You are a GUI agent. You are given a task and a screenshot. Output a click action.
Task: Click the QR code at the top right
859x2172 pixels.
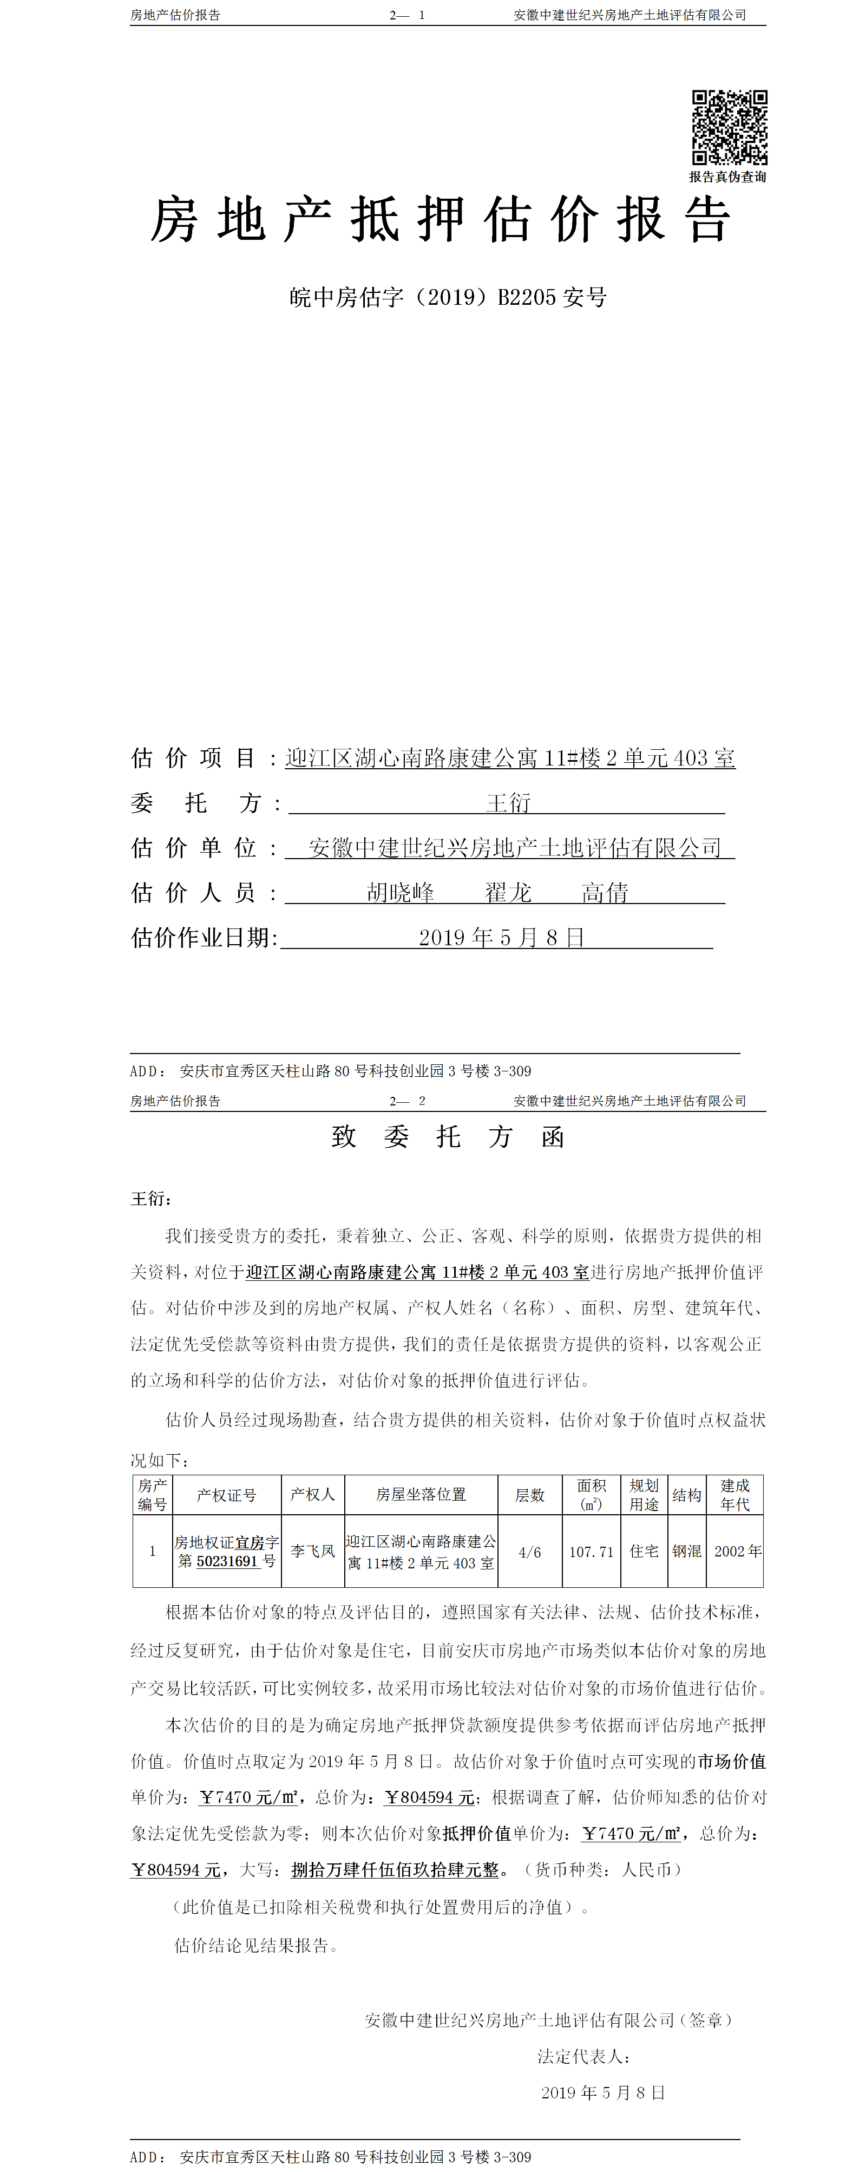pyautogui.click(x=729, y=127)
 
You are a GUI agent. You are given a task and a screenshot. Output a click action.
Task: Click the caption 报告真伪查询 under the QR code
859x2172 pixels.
pyautogui.click(x=727, y=177)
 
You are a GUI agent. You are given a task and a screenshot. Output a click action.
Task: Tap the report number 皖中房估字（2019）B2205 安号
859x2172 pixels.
pyautogui.click(x=448, y=298)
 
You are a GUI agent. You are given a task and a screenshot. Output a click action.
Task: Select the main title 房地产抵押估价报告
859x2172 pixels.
pyautogui.click(x=439, y=221)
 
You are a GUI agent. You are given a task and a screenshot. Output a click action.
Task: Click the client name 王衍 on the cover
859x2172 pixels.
pyautogui.click(x=508, y=803)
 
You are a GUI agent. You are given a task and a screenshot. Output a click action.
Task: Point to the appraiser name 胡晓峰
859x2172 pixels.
pyautogui.click(x=401, y=892)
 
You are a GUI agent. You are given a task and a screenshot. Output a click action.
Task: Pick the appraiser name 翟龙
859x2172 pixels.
pyautogui.click(x=508, y=892)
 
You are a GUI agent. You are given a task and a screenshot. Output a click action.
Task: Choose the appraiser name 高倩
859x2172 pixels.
pyautogui.click(x=605, y=892)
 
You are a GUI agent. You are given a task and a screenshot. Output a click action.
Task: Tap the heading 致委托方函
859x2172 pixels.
pyautogui.click(x=448, y=1137)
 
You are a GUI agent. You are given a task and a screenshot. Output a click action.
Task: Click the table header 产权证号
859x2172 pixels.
pyautogui.click(x=226, y=1495)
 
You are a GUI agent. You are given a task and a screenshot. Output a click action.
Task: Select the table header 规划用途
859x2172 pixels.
pyautogui.click(x=644, y=1495)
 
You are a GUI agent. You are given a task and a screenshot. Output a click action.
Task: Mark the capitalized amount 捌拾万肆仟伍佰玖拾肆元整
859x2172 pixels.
pyautogui.click(x=395, y=1869)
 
